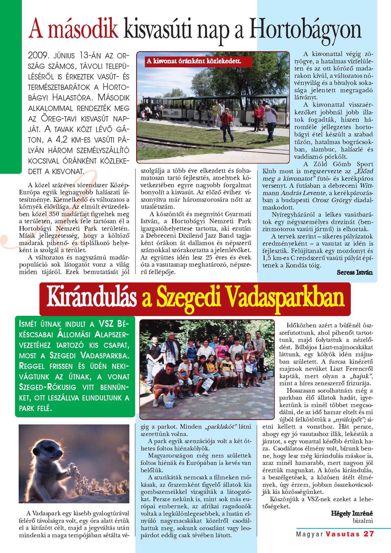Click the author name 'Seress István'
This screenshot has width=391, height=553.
[x=355, y=273]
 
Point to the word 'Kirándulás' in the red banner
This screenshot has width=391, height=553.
[x=92, y=298]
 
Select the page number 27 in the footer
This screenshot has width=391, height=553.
[x=369, y=534]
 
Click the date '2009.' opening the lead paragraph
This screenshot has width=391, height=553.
[x=39, y=55]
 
